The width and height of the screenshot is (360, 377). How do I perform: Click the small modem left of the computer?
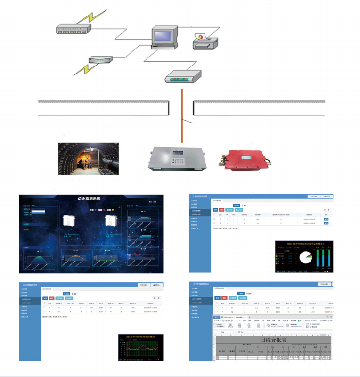point(100,59)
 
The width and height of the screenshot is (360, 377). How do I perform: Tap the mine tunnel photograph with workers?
point(88,159)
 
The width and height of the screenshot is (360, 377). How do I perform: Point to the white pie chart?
point(304,257)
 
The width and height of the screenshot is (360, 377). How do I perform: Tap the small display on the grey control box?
point(178,152)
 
